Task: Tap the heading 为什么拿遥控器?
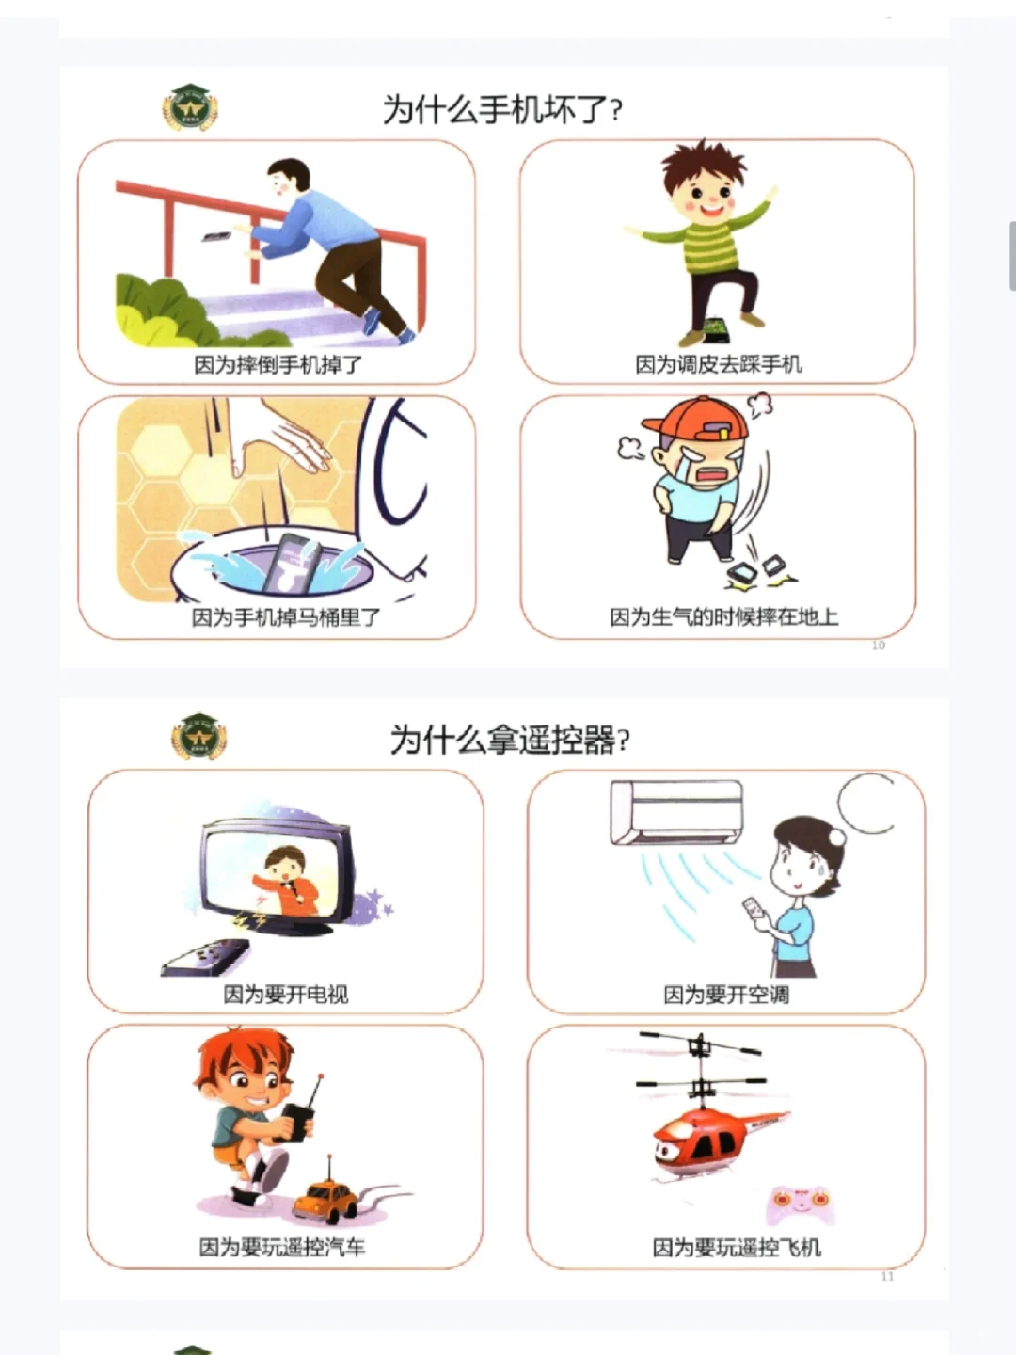click(x=509, y=740)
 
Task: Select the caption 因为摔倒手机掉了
click(x=278, y=364)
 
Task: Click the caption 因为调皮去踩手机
click(x=718, y=364)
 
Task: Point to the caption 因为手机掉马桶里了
click(x=286, y=617)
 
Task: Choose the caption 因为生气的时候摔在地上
click(x=723, y=617)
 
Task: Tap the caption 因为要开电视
click(x=285, y=994)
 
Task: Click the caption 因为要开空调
click(x=725, y=995)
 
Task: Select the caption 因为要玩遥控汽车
click(x=281, y=1247)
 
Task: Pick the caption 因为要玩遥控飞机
click(x=737, y=1247)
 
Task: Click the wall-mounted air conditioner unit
click(x=675, y=812)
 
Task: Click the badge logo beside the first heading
click(x=190, y=107)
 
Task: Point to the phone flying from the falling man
click(x=217, y=235)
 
